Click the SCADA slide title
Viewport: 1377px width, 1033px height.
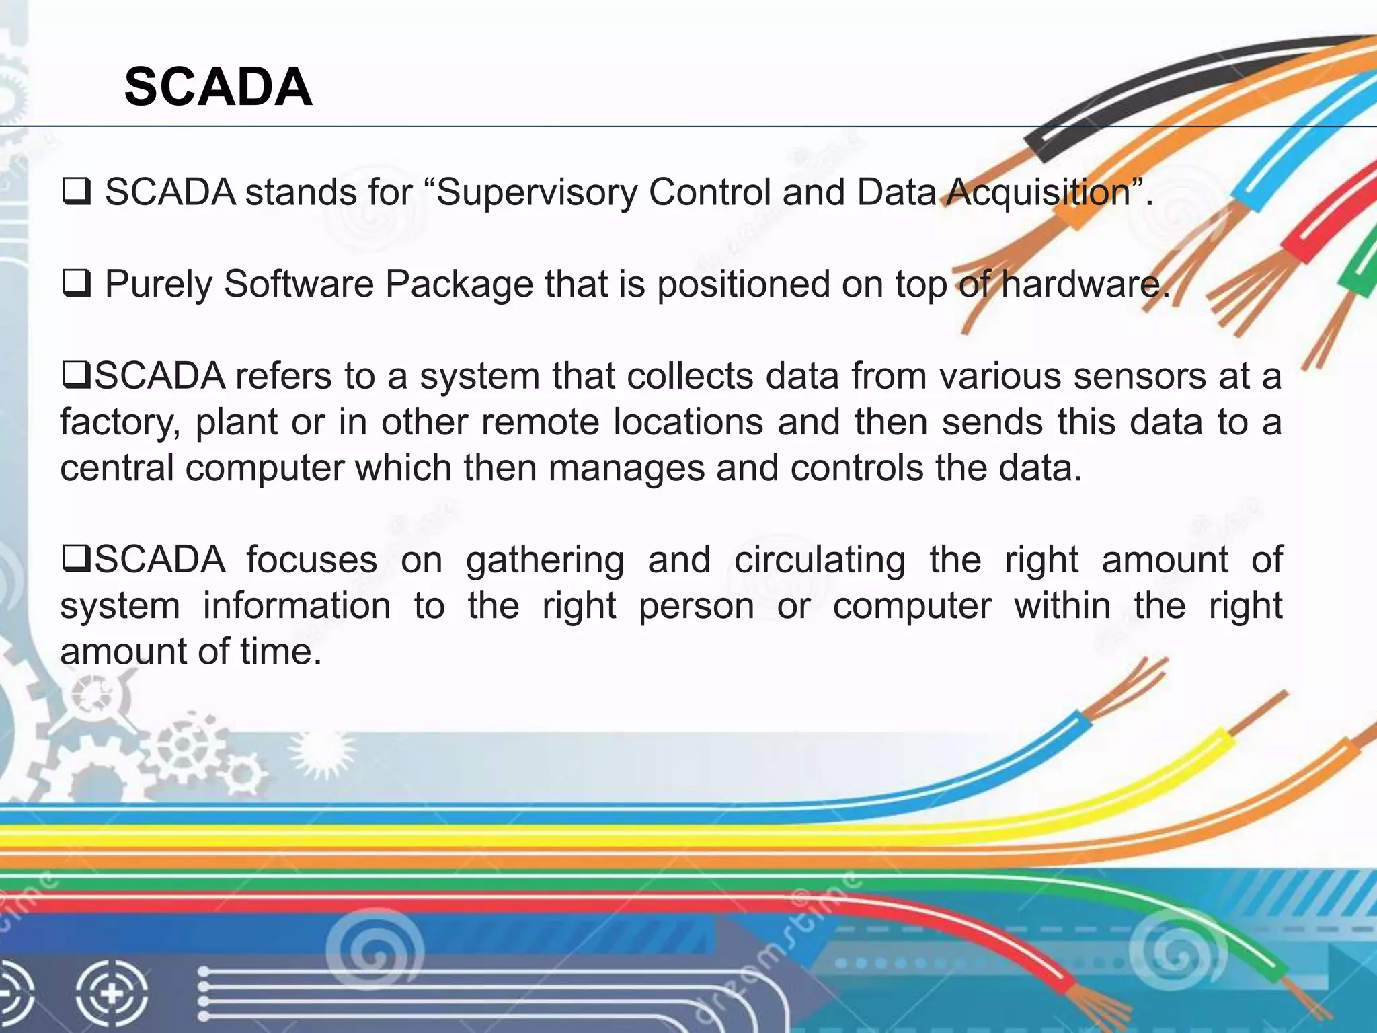pos(218,87)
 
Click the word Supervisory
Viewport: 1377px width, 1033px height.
pos(536,192)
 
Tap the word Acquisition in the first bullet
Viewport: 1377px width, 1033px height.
pos(1038,192)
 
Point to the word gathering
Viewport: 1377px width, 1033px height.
pos(545,560)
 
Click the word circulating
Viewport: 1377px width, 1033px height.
pos(820,560)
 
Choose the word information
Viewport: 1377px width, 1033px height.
pos(297,605)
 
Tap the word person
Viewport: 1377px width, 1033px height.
pos(696,605)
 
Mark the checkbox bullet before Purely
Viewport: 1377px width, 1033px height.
pos(76,284)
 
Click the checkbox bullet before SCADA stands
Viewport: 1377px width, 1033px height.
pos(76,192)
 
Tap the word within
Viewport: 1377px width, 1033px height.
pos(1062,605)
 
